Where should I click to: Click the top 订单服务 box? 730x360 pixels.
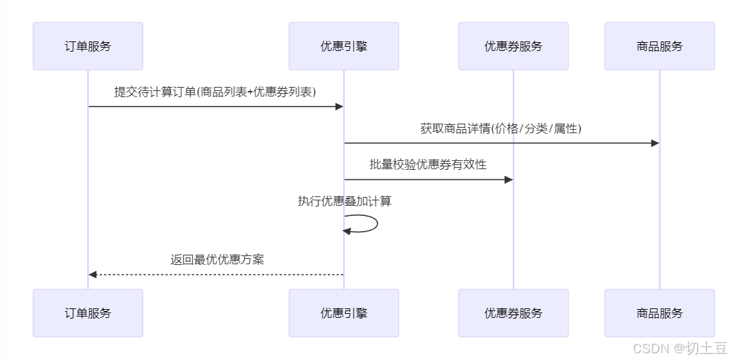pos(88,46)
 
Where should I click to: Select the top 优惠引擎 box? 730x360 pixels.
pos(344,46)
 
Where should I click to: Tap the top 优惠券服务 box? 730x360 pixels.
pos(513,46)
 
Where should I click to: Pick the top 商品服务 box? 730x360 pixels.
pos(659,46)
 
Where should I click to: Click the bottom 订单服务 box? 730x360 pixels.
pos(88,313)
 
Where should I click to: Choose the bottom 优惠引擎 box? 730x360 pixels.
pos(344,313)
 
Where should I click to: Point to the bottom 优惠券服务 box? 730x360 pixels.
pos(513,313)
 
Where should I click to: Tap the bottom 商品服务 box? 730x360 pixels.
pos(659,313)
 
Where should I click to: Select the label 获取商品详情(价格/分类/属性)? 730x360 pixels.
pos(501,128)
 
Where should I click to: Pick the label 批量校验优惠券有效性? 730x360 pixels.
pos(428,164)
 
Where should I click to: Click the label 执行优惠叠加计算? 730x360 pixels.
pos(344,201)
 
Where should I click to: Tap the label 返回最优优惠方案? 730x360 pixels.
pos(217,259)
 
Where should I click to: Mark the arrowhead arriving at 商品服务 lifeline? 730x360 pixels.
pos(655,143)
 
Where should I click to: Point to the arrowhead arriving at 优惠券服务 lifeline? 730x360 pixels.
pos(508,179)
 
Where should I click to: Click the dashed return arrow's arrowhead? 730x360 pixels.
pos(93,274)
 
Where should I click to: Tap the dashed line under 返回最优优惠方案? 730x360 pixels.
pos(217,274)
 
